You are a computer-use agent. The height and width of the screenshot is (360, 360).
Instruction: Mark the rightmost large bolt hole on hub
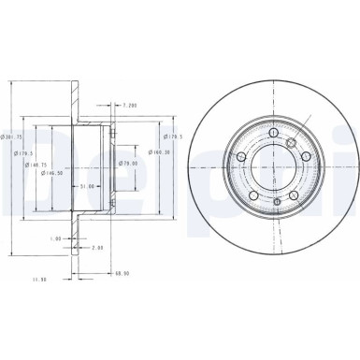pos(305,157)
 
